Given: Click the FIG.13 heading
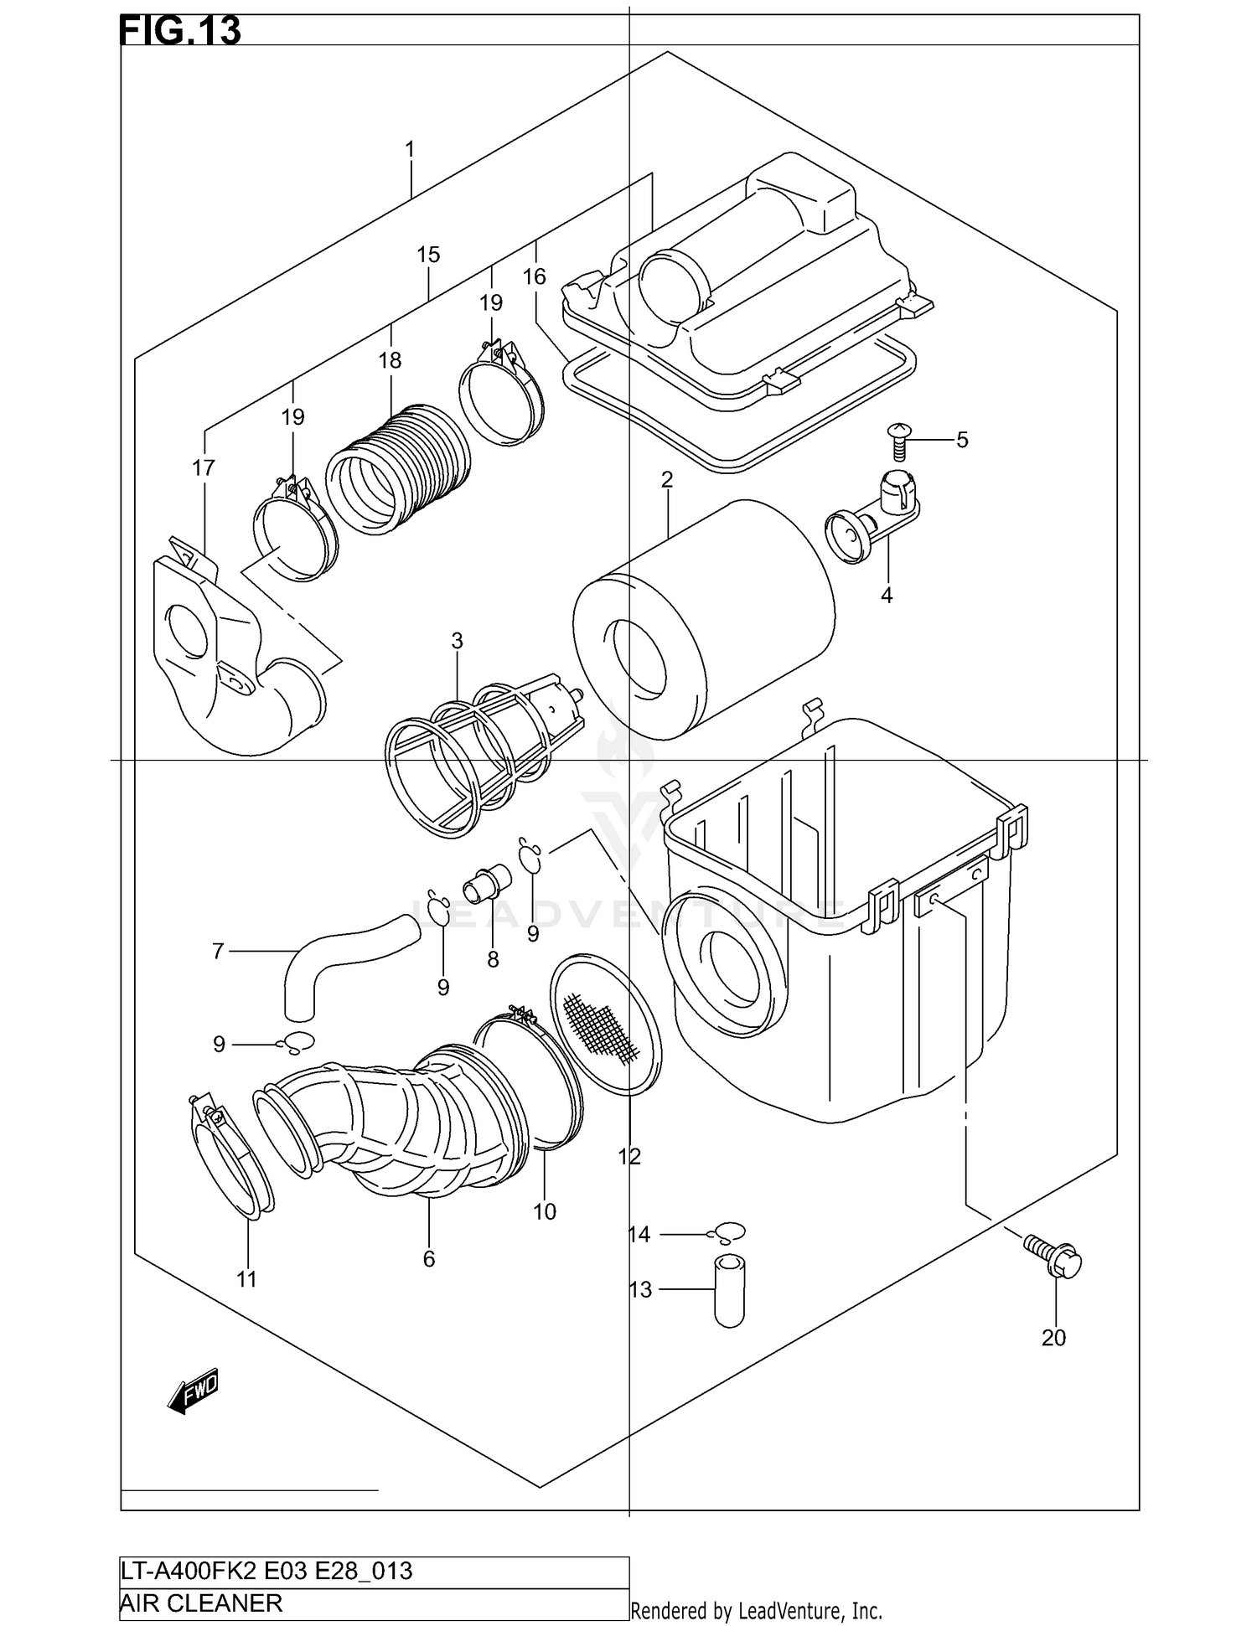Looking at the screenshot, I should click(180, 31).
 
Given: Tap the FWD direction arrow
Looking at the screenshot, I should click(194, 1393).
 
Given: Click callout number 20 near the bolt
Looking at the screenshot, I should click(1053, 1338).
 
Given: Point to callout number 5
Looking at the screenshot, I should click(962, 440).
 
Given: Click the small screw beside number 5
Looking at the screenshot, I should click(897, 441).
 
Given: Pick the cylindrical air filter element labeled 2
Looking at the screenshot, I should click(704, 620).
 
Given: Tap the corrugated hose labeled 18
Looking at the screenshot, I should click(398, 469).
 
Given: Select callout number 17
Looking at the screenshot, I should click(204, 467).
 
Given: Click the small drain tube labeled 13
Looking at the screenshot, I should click(729, 1291).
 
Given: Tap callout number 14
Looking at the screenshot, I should click(639, 1234).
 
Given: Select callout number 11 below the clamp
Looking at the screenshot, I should click(246, 1279).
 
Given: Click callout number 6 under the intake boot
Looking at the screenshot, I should click(429, 1259).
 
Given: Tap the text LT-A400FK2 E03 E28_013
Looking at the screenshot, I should click(266, 1571).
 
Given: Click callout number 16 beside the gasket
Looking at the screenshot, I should click(534, 276).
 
